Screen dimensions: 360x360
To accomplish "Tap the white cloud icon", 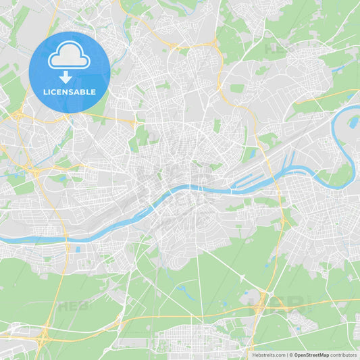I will click(x=69, y=57).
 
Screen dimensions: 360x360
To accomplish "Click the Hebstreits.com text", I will click(x=268, y=355).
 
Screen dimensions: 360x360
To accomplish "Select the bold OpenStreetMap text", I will click(x=312, y=355).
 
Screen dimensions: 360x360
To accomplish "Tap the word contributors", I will click(x=344, y=355).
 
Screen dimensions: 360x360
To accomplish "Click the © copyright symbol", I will click(x=291, y=355).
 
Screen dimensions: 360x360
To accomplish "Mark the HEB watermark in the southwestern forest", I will click(x=72, y=305).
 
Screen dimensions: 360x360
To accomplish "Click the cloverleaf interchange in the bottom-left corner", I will click(x=42, y=336).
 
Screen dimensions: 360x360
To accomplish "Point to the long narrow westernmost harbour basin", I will click(x=243, y=179).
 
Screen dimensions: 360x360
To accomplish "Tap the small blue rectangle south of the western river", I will click(x=78, y=249).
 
